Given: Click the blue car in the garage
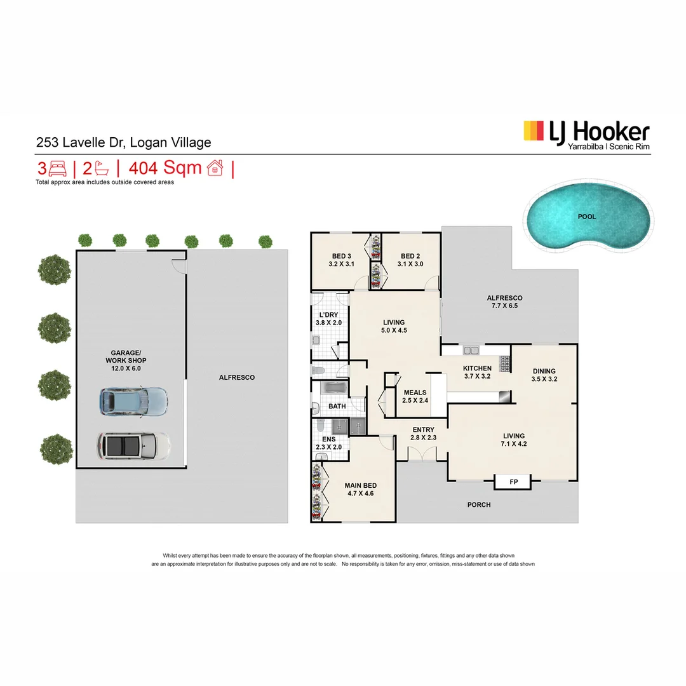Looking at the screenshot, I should pos(133,401).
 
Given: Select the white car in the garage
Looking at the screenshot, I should pos(133,446).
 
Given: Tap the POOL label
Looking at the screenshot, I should pos(587,217).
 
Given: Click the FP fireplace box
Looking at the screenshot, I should pos(513,482).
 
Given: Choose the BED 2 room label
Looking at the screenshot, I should pos(410,260).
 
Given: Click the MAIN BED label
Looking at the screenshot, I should pos(361,489).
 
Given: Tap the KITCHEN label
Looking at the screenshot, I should pos(477,372).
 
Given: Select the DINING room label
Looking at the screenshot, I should pos(544,375).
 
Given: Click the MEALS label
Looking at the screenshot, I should pos(415,396).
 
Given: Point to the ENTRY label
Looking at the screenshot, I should pos(423,434).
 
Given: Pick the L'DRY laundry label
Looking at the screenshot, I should pos(328,318).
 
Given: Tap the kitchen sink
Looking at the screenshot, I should pos(471,350).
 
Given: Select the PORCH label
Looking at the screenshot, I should pos(479,505).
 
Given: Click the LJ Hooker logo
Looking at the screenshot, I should pos(586,135).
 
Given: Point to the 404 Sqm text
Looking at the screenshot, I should pos(165,168).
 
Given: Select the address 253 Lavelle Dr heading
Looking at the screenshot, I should pos(123,143).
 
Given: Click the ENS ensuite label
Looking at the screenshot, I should pos(328,443).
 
